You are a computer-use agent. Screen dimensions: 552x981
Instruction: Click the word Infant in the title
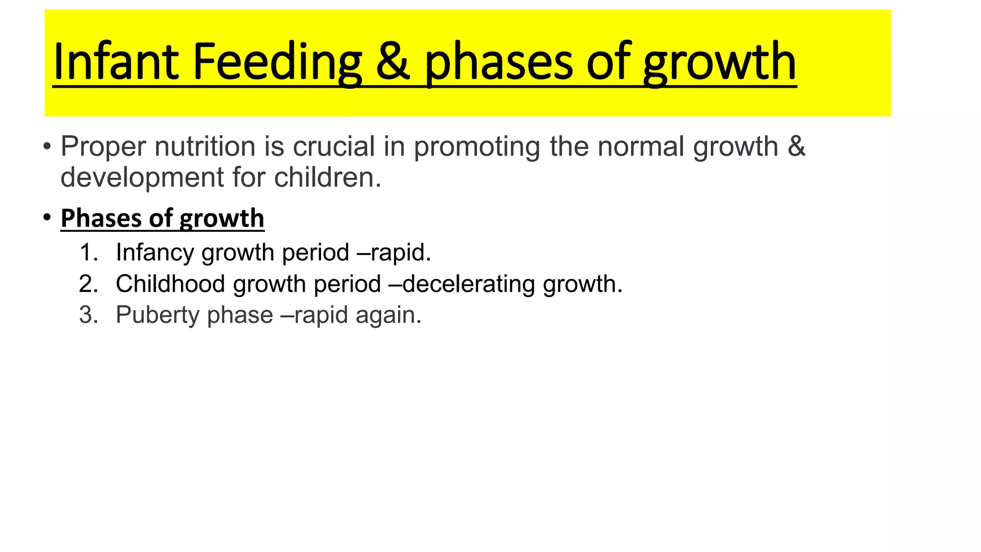click(115, 62)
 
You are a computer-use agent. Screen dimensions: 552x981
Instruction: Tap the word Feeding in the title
click(277, 62)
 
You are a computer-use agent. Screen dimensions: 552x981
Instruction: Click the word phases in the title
click(498, 62)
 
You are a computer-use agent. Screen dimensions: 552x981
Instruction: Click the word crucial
click(333, 146)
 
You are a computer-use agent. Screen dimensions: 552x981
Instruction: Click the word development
click(142, 178)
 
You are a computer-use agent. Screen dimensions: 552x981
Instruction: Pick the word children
click(328, 177)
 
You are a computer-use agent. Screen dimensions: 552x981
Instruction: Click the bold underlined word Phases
click(101, 218)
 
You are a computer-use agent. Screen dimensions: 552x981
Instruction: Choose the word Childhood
click(170, 284)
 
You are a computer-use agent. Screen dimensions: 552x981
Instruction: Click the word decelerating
click(468, 284)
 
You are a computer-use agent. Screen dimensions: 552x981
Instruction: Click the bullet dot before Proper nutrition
click(46, 146)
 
